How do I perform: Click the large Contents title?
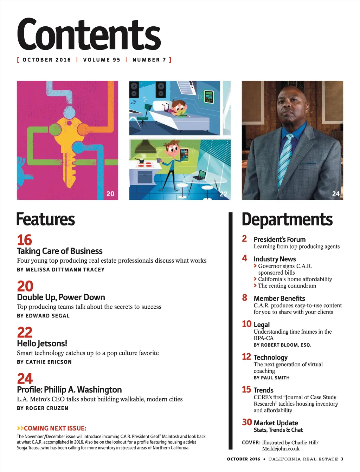(89, 34)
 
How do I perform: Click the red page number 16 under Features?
(24, 240)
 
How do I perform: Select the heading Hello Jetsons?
(42, 343)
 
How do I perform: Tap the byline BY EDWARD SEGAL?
(43, 316)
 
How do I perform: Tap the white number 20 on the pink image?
(110, 194)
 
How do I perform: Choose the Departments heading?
(287, 219)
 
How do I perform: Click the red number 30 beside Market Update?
(247, 422)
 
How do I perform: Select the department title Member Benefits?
(279, 299)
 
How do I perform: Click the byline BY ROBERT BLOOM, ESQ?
(282, 345)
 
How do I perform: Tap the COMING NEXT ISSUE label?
(52, 428)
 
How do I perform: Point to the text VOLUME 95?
(102, 60)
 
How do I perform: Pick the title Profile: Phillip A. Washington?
(69, 390)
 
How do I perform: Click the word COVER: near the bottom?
(251, 442)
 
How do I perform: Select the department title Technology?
(270, 358)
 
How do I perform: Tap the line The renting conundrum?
(287, 286)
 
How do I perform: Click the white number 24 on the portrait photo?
(336, 194)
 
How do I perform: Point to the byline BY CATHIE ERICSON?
(44, 362)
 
